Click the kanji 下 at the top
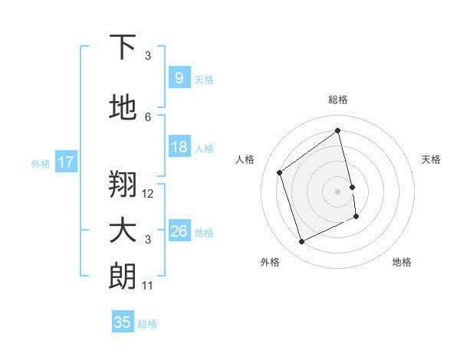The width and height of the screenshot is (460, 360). (x=123, y=47)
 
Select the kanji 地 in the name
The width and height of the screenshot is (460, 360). (x=123, y=109)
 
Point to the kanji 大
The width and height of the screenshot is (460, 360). (x=123, y=231)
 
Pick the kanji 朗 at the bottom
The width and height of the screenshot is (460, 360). (x=123, y=277)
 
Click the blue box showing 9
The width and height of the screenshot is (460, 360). (x=179, y=78)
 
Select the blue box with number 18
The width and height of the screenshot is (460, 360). (x=179, y=148)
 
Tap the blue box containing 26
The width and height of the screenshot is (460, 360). (x=179, y=231)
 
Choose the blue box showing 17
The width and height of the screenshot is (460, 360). (x=65, y=162)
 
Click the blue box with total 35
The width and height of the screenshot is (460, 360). (x=123, y=322)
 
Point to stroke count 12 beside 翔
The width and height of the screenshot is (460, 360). (x=148, y=194)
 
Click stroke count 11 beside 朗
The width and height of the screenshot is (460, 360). (x=148, y=286)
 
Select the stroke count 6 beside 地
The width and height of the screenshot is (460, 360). (x=148, y=116)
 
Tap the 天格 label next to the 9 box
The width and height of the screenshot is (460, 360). (x=204, y=79)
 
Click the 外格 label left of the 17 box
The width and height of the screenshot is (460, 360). (x=41, y=163)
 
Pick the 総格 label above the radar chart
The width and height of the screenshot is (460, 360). (x=337, y=100)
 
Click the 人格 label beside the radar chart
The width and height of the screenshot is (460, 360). (x=245, y=159)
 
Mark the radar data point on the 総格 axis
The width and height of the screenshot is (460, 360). (x=337, y=131)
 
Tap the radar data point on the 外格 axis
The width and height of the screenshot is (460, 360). (x=301, y=242)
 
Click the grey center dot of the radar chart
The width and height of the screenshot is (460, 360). (x=337, y=191)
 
